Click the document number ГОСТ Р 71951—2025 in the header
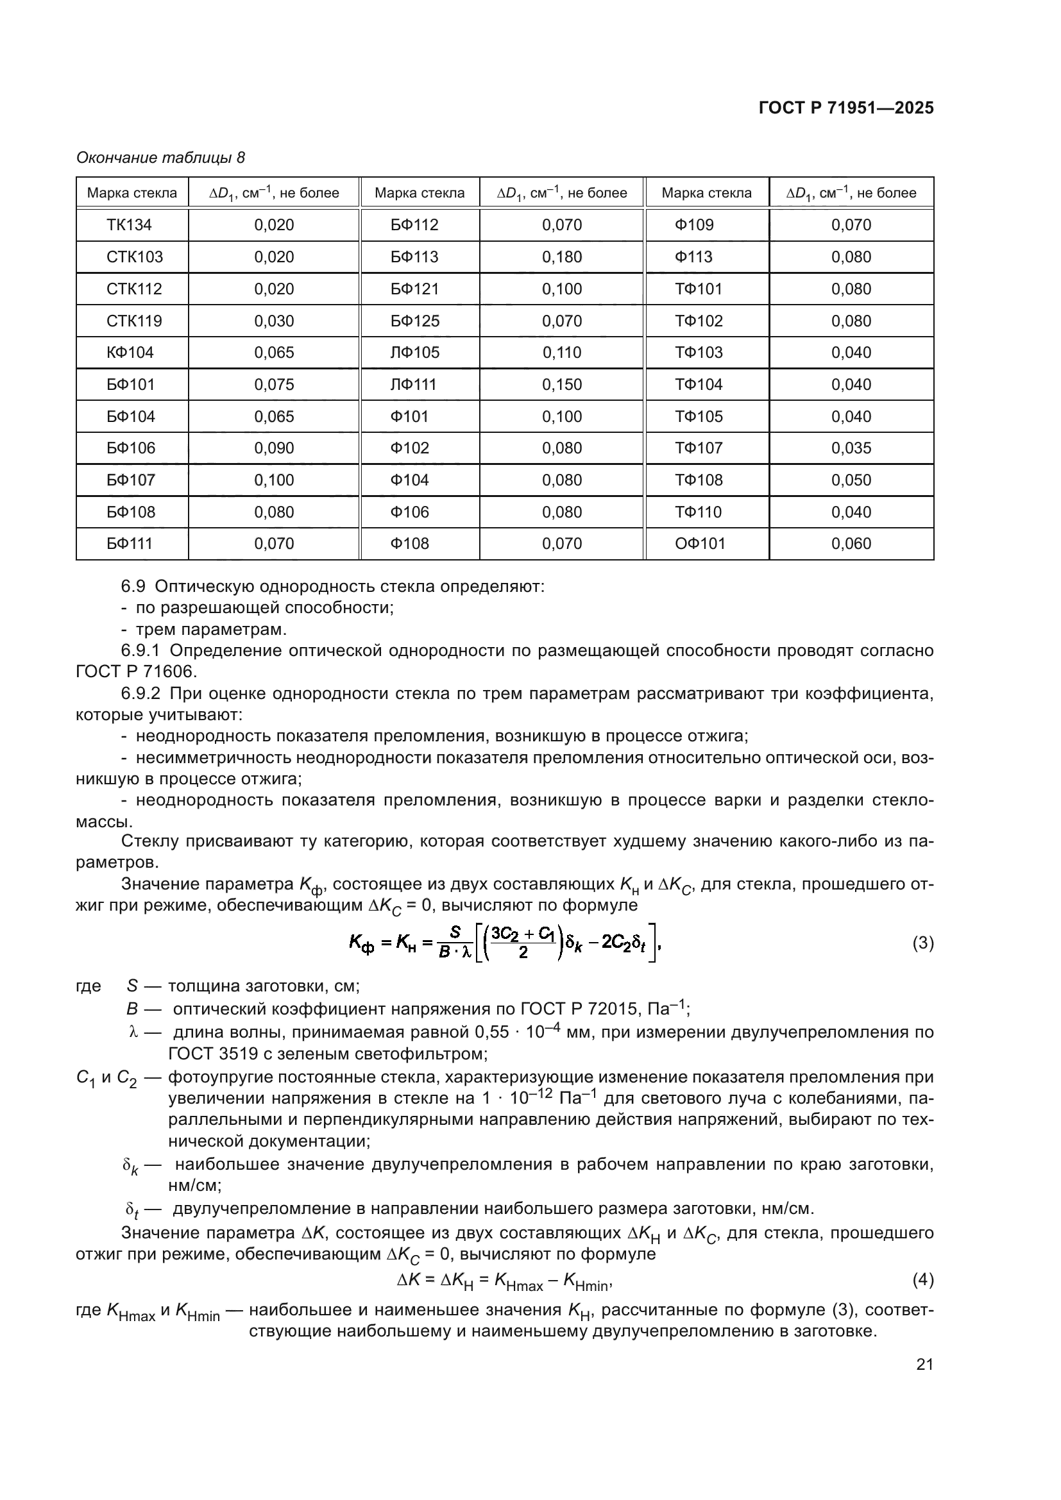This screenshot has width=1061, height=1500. tap(846, 108)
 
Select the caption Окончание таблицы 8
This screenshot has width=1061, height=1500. tap(161, 158)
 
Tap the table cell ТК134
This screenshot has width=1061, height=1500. tap(129, 224)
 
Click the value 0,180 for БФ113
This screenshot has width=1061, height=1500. tap(562, 257)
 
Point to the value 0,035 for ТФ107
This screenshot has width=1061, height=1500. tap(851, 448)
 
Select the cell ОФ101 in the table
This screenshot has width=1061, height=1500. tap(700, 544)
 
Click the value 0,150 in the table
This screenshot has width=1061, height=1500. tap(562, 384)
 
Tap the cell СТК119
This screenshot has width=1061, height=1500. tap(134, 321)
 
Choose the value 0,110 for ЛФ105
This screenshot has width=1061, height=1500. tap(562, 353)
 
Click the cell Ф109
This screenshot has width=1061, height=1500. tap(694, 224)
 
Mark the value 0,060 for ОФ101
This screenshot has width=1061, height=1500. tap(851, 544)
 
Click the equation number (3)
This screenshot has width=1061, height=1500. tap(922, 943)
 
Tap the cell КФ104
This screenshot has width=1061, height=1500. tap(130, 353)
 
